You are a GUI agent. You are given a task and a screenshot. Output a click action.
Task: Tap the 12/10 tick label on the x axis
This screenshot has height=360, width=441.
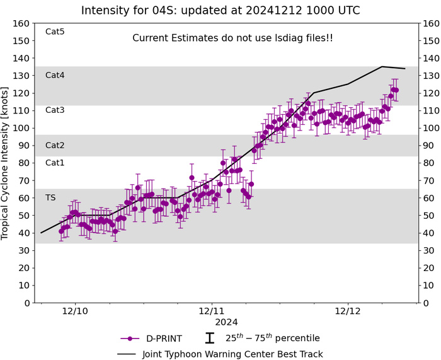[x=75, y=311]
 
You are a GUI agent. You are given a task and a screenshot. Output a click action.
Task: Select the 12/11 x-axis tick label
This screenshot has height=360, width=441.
[x=212, y=311]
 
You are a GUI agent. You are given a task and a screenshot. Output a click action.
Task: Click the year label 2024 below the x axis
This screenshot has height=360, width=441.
[x=212, y=322]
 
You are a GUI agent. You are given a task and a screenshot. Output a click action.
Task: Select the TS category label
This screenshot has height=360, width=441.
[x=50, y=197]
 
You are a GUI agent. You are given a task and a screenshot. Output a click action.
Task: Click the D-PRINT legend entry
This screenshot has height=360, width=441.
[x=151, y=339]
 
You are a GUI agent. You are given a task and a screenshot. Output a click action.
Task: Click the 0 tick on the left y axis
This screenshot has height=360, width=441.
[x=25, y=303]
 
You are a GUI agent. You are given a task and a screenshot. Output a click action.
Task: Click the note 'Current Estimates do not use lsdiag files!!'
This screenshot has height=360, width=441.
[x=232, y=38]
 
